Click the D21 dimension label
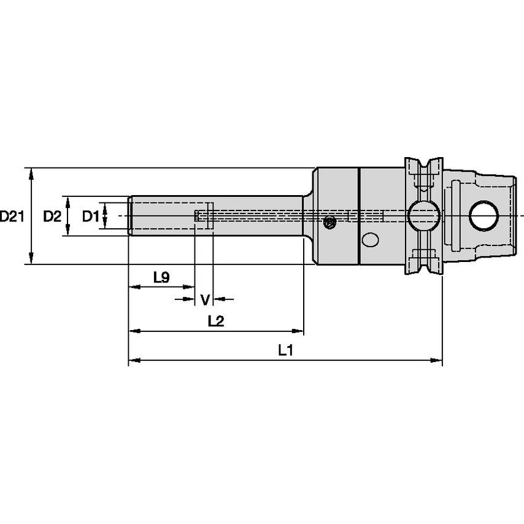12,216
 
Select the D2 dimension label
52,216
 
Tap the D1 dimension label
91,216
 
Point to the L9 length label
161,278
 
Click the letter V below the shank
205,299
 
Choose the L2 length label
215,321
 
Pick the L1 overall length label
285,351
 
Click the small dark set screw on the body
330,222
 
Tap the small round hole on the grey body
371,241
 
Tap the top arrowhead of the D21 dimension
32,172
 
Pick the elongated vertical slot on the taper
456,216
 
